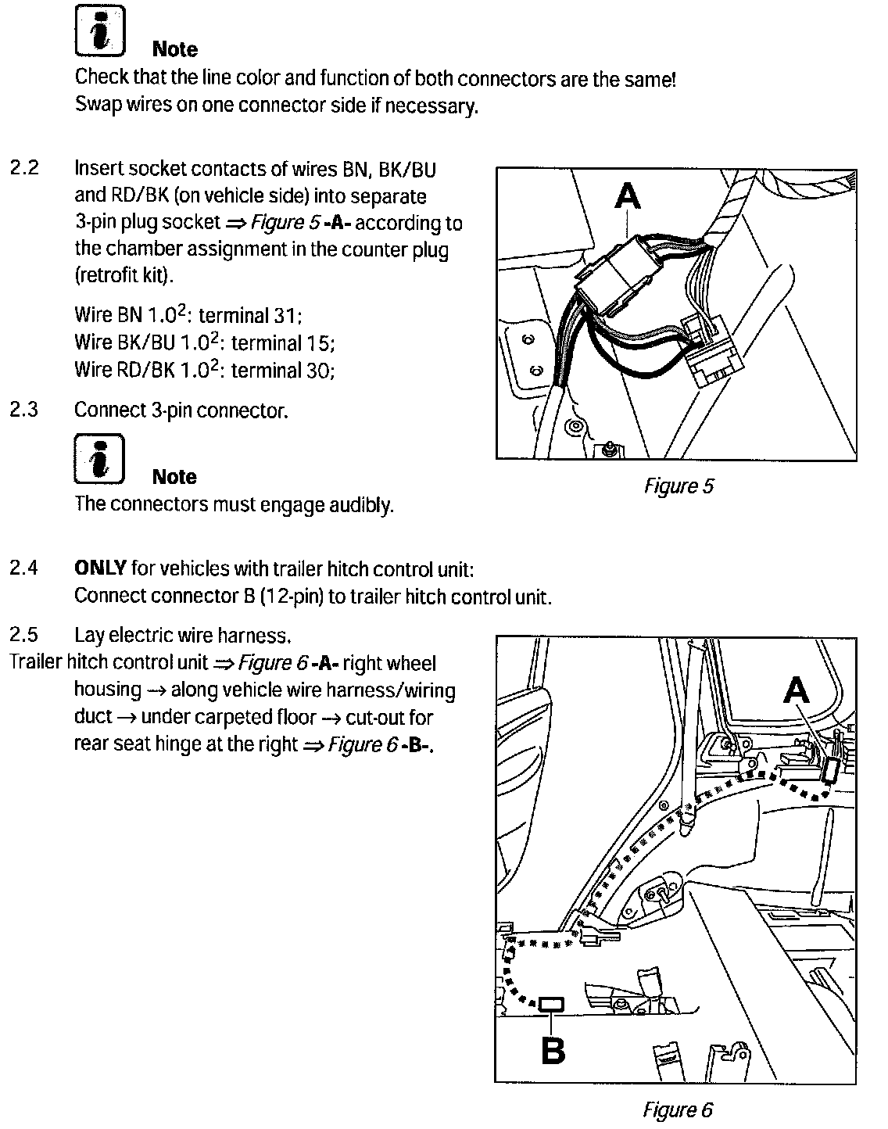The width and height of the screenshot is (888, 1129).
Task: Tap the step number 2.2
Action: (x=24, y=168)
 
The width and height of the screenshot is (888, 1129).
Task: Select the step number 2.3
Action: (x=24, y=410)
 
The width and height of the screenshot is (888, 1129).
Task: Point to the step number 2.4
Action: (x=24, y=568)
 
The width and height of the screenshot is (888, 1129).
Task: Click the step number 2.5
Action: (x=24, y=635)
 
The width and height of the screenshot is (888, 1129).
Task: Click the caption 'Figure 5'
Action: (x=679, y=486)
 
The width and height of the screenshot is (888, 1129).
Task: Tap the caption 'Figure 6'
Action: (x=677, y=1109)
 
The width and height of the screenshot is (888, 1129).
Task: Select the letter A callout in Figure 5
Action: (x=628, y=196)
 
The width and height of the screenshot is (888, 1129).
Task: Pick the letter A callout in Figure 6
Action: (x=796, y=690)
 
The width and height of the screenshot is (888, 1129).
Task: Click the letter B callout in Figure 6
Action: (x=553, y=1050)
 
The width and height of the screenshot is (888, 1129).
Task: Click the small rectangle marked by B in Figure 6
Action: (x=552, y=1004)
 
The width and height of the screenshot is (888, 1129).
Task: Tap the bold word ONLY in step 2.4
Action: (x=100, y=568)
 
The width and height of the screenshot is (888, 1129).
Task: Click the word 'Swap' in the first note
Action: (x=95, y=106)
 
